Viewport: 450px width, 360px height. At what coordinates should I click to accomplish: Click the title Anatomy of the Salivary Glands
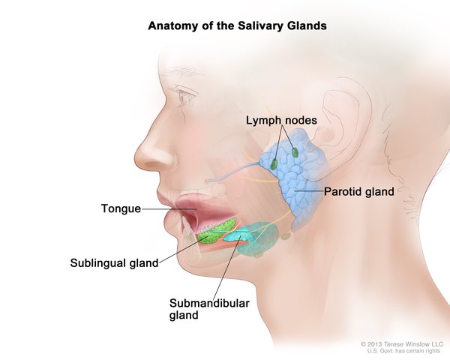225,25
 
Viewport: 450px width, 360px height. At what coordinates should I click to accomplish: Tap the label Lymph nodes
281,120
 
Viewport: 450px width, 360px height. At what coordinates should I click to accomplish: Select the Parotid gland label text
359,192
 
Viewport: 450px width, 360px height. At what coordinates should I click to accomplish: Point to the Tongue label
121,208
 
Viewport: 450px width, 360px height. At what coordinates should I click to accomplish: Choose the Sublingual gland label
114,262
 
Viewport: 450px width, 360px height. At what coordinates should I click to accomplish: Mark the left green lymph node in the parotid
274,163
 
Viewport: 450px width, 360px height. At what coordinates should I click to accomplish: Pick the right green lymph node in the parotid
295,152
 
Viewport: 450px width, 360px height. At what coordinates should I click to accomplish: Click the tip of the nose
137,161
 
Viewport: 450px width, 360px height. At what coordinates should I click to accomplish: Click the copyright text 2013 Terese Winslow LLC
402,343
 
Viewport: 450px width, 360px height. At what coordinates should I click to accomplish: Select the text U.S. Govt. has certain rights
403,350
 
